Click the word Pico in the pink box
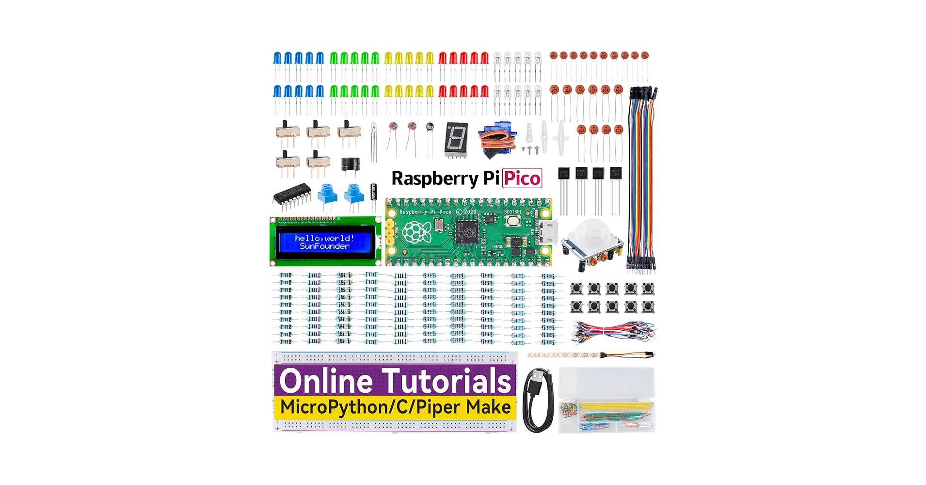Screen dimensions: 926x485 [x=522, y=178]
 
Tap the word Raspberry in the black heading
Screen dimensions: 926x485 [x=434, y=178]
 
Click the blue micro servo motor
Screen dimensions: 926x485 [x=495, y=138]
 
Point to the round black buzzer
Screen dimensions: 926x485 [x=350, y=165]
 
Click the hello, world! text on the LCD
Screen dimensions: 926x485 [x=324, y=238]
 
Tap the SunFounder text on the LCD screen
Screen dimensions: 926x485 [x=324, y=246]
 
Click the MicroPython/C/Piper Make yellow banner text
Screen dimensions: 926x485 [x=395, y=407]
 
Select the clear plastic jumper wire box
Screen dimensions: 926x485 [x=607, y=400]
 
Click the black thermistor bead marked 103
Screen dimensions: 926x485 [x=430, y=128]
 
